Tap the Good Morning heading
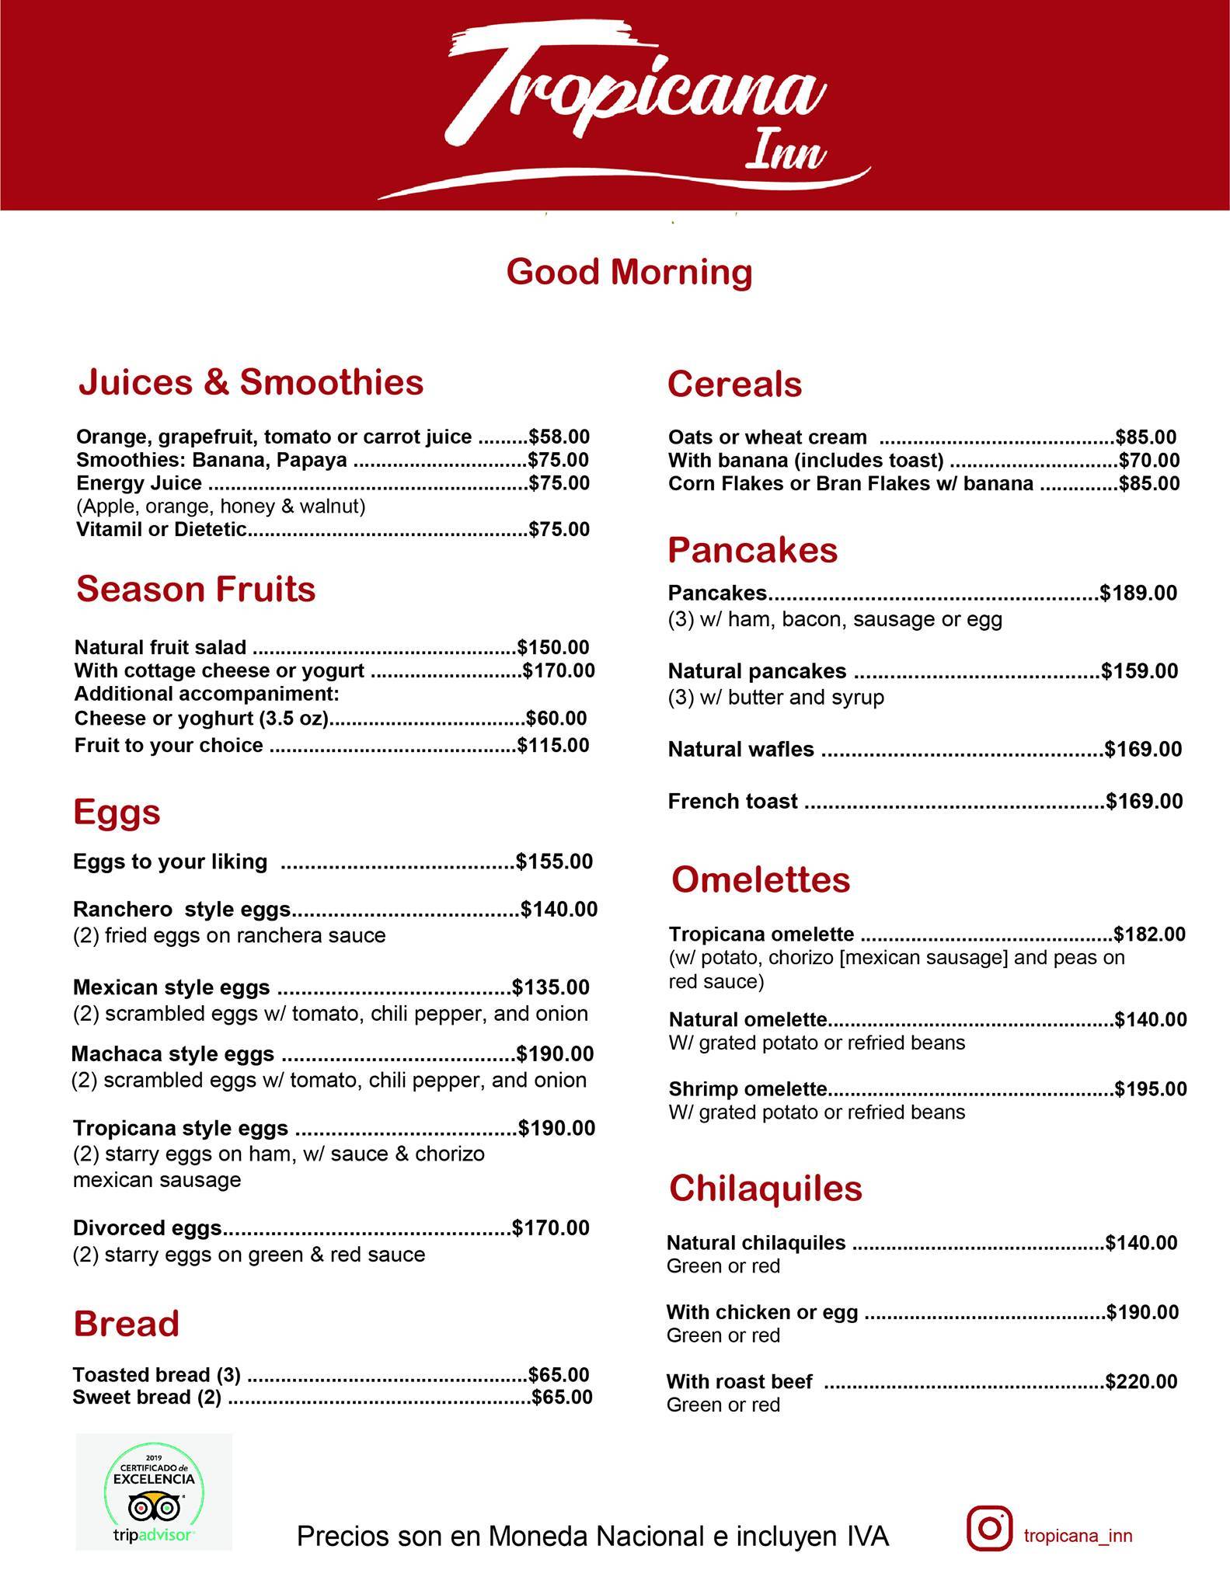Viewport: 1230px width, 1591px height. click(629, 273)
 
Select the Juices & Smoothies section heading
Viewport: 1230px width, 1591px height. click(251, 382)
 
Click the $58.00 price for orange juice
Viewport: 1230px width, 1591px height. click(559, 437)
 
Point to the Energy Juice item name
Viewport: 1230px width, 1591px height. click(139, 483)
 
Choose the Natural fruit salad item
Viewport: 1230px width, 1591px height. click(160, 647)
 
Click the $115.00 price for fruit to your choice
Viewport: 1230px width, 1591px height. click(553, 745)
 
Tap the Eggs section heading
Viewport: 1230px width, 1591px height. click(117, 812)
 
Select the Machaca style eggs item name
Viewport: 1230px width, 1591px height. click(172, 1054)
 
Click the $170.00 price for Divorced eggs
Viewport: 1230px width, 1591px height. click(551, 1228)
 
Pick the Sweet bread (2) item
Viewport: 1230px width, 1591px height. click(147, 1398)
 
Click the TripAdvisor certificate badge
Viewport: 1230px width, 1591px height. click(154, 1492)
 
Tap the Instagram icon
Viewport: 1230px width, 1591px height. click(989, 1528)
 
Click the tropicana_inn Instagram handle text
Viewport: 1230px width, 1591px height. click(1078, 1536)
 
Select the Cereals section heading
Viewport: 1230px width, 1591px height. click(734, 385)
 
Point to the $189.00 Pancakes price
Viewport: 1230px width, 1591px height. click(1138, 594)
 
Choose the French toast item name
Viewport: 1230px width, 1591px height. click(733, 802)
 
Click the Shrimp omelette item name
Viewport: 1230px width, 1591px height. click(747, 1089)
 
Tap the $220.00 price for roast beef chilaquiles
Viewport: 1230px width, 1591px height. click(1141, 1382)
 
